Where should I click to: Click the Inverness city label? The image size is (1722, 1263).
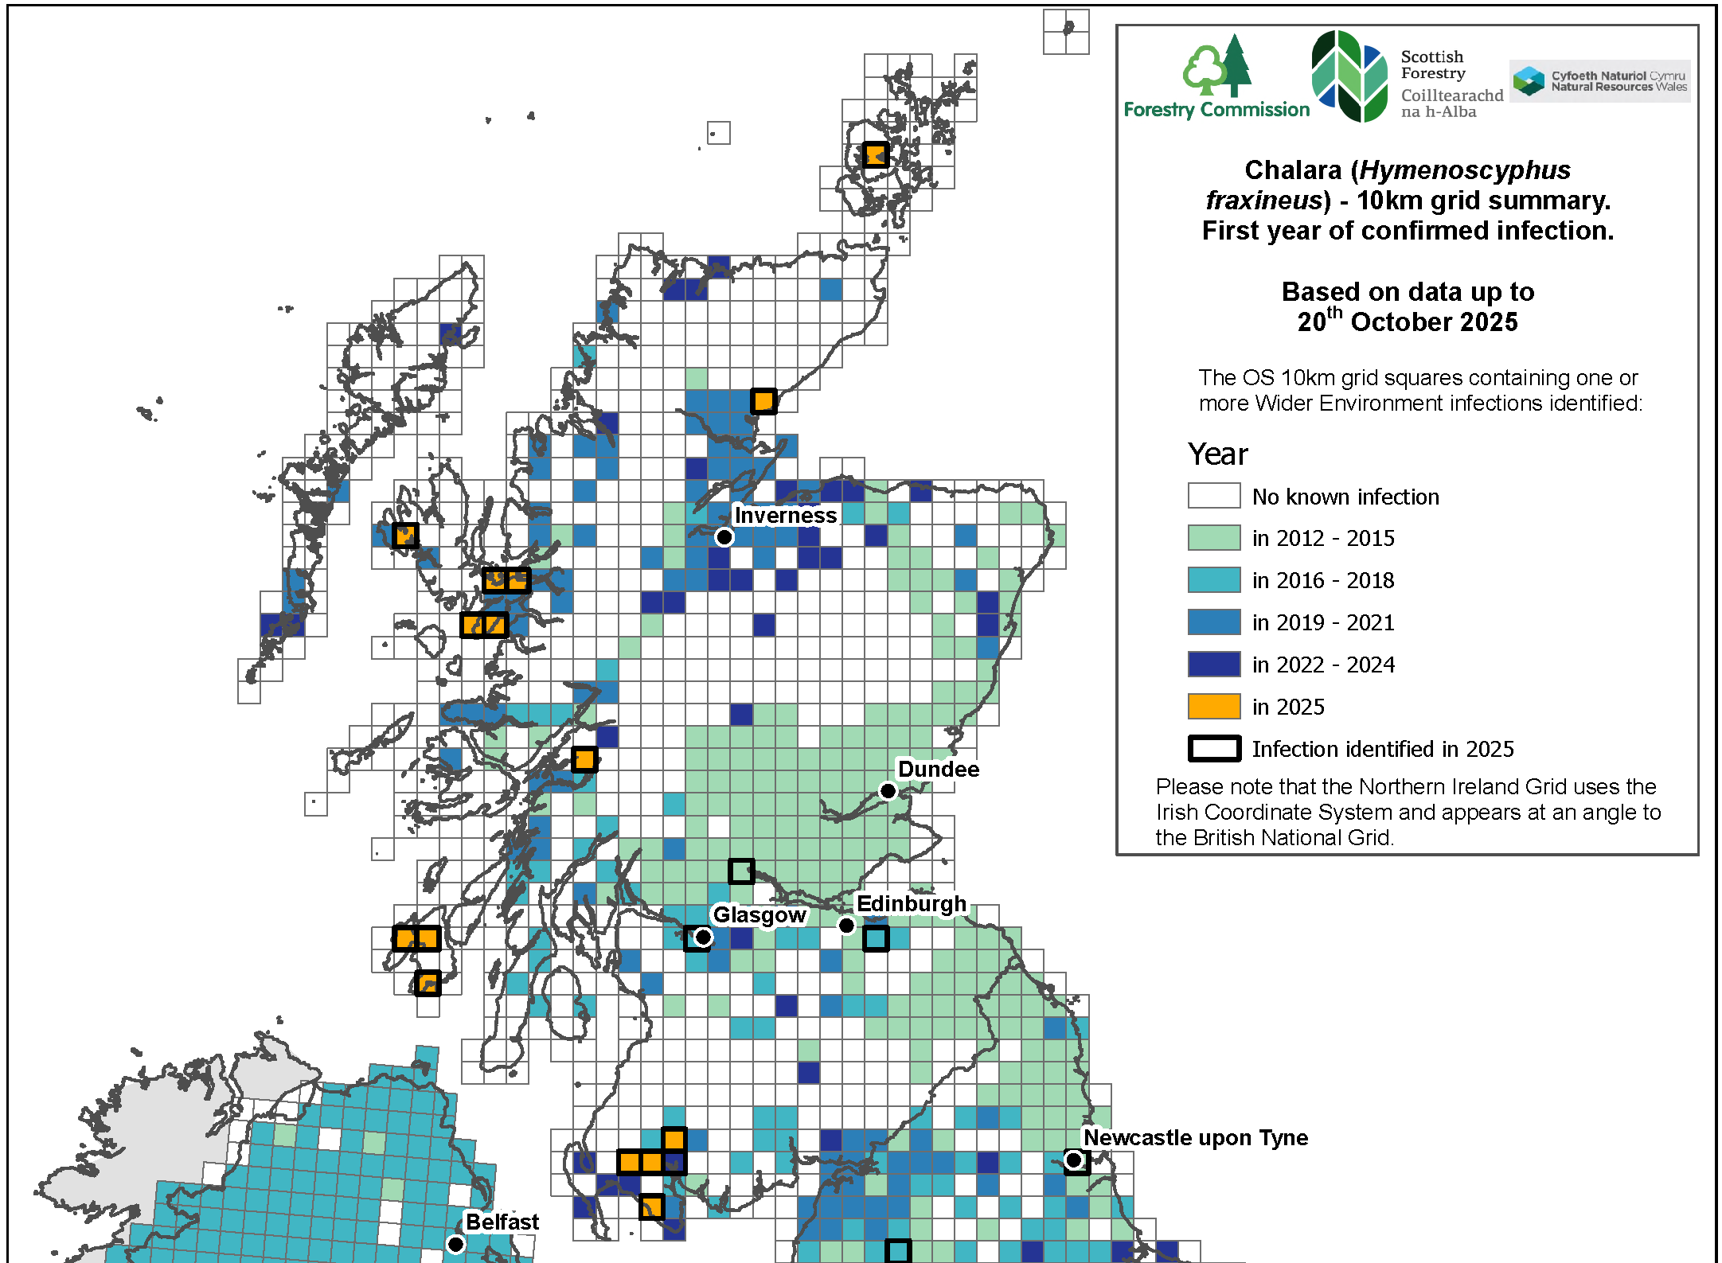click(785, 516)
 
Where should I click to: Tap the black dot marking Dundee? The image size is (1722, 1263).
click(888, 790)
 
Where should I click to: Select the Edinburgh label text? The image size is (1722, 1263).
click(911, 904)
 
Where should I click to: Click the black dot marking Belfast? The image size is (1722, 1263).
click(455, 1244)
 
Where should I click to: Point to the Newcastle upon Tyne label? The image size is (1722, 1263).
click(1195, 1138)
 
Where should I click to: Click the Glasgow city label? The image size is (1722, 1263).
click(759, 915)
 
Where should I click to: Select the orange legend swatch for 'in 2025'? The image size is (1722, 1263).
click(1213, 707)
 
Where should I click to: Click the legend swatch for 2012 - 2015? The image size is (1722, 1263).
click(1213, 538)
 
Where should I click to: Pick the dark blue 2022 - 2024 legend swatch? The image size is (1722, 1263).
click(1213, 665)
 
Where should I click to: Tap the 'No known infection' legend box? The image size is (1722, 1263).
click(1213, 496)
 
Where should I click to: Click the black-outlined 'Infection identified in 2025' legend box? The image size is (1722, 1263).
click(1213, 749)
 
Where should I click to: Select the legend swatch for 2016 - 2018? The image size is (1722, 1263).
click(1213, 580)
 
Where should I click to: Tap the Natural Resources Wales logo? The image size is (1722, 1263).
click(1599, 81)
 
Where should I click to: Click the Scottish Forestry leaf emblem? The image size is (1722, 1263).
click(1349, 76)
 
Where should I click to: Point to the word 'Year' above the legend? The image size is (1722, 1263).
click(1217, 454)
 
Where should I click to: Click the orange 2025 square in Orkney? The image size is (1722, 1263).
click(875, 154)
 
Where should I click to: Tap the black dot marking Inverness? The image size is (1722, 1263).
click(724, 537)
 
